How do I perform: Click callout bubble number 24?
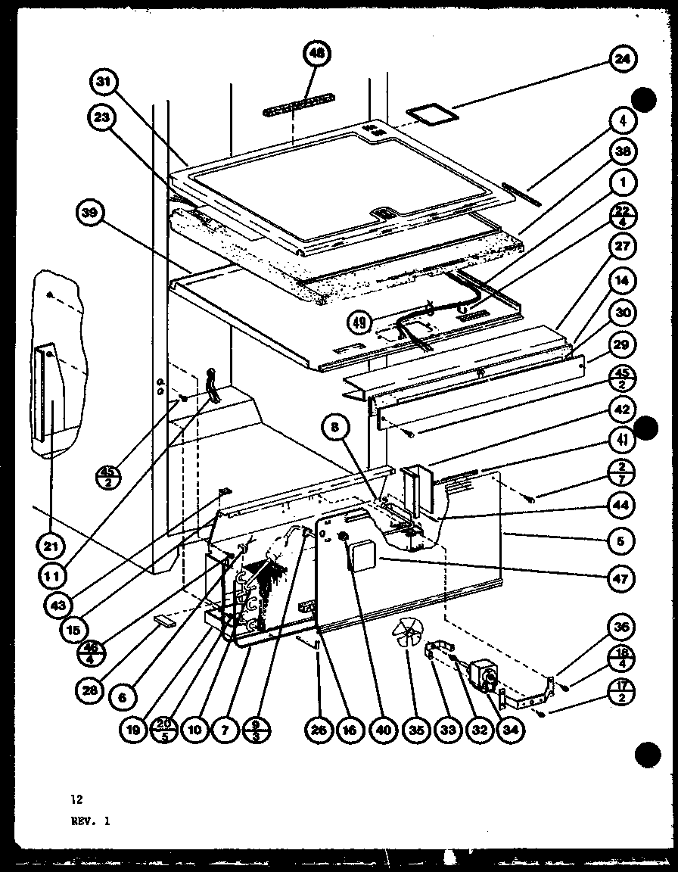(624, 60)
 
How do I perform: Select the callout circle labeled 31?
(105, 82)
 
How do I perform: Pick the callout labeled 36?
(624, 628)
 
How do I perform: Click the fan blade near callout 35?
(409, 633)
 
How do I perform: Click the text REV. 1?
(91, 820)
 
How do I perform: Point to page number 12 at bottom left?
(76, 799)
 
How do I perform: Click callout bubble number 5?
(624, 540)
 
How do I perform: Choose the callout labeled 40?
(384, 730)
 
